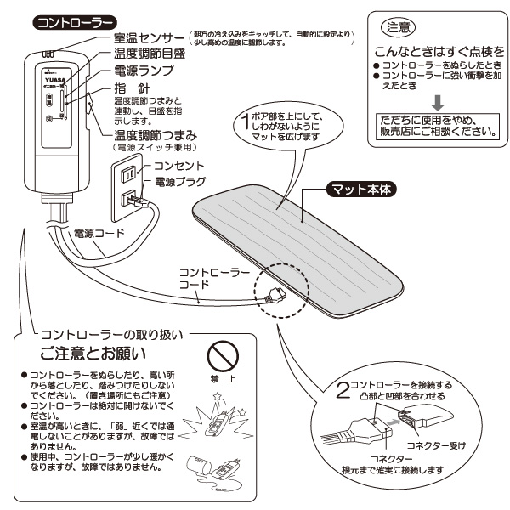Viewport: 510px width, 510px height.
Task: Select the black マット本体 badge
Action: point(361,190)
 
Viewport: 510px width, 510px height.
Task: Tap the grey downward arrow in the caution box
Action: point(436,102)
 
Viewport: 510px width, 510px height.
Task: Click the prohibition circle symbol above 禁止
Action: point(224,351)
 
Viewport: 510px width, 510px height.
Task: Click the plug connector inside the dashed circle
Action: point(274,296)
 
